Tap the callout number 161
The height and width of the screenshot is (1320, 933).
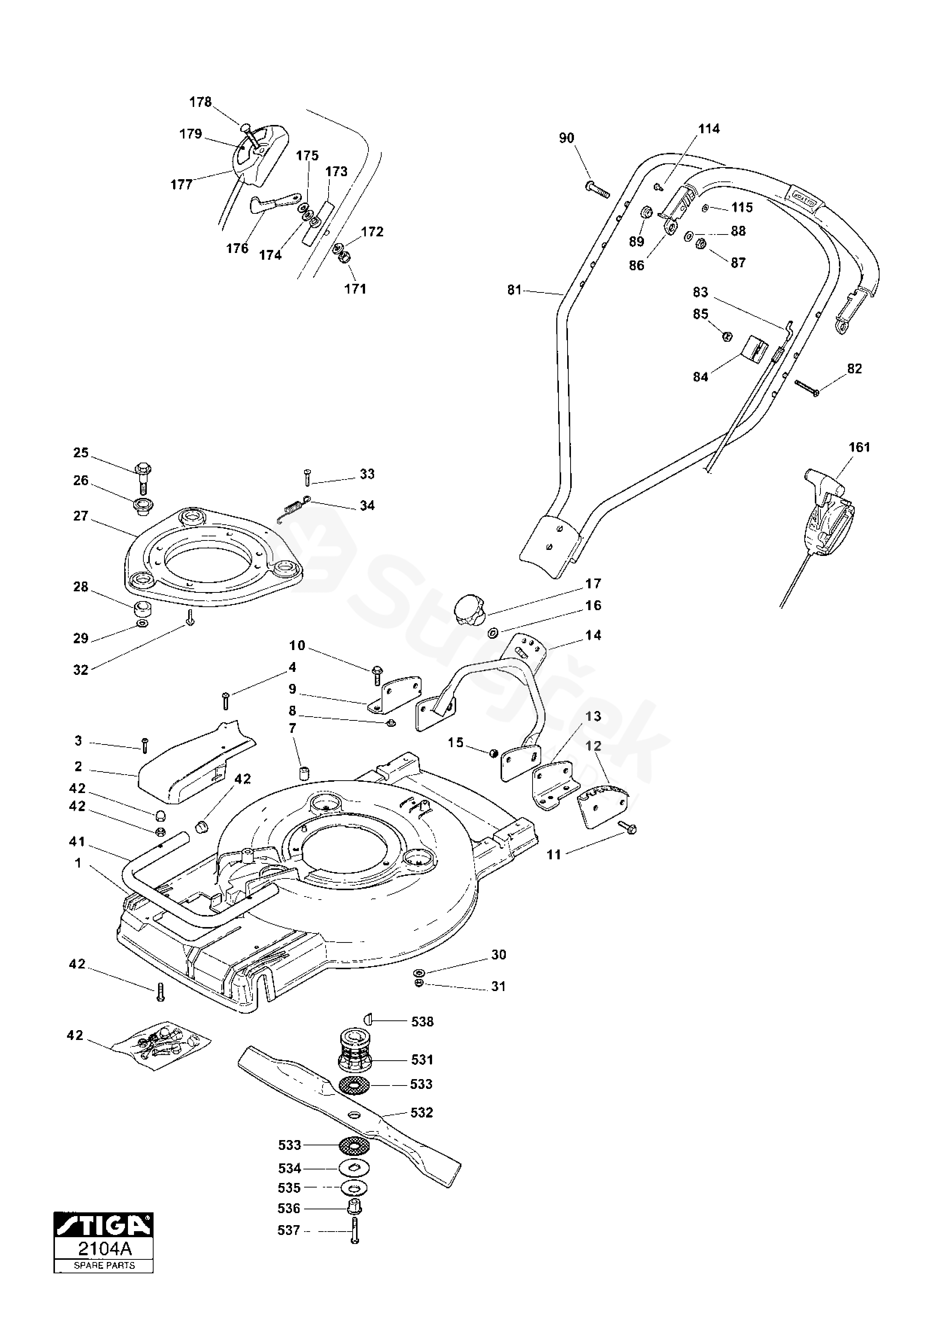tap(859, 447)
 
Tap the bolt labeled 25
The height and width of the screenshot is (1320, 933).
tap(142, 477)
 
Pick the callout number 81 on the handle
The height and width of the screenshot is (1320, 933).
tap(514, 290)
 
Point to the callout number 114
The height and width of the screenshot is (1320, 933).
tap(709, 129)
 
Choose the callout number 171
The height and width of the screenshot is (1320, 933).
tap(355, 289)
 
